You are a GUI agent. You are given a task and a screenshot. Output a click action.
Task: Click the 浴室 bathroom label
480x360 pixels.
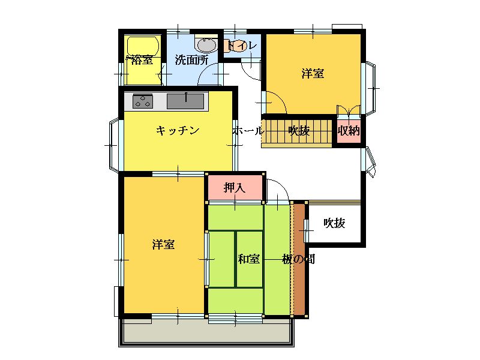(142, 60)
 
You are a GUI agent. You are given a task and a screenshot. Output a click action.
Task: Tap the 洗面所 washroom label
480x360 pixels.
(191, 60)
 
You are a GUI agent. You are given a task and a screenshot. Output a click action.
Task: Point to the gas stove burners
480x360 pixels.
(143, 101)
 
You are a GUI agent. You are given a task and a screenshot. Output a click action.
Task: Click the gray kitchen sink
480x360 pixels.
(185, 101)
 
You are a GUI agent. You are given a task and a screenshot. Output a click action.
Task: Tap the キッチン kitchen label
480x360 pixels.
(178, 131)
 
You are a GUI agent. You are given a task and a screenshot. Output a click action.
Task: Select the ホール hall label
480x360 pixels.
(248, 131)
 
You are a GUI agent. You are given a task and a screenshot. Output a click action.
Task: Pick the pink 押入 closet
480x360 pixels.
(235, 187)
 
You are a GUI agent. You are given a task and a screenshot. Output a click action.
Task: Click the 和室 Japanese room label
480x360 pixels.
(248, 259)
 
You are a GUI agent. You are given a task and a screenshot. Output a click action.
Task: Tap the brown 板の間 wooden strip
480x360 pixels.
(299, 260)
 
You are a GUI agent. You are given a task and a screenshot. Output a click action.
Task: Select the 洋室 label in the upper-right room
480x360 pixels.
(313, 74)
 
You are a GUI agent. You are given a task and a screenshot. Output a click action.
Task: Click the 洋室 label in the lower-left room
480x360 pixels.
(163, 245)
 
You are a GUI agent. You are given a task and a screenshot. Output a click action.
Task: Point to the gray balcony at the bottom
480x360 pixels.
(206, 333)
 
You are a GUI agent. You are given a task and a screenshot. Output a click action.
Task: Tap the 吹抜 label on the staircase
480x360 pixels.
(299, 131)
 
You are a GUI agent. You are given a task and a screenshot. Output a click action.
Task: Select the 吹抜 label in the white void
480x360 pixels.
(335, 223)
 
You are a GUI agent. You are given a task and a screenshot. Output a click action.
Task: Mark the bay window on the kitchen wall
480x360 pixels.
(113, 145)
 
